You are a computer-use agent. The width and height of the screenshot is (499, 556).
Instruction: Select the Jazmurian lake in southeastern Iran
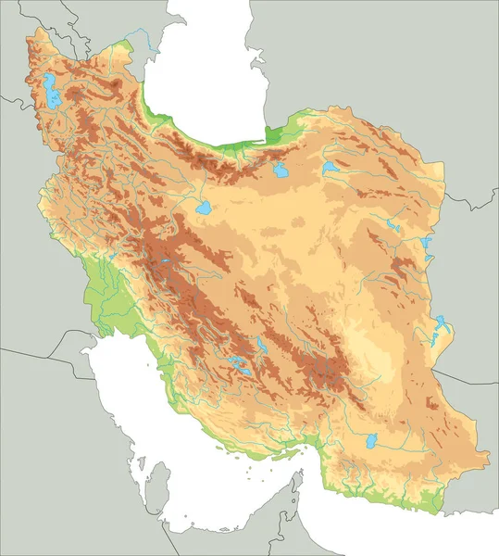(373, 441)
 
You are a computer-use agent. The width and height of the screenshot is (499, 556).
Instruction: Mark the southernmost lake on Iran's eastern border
(442, 326)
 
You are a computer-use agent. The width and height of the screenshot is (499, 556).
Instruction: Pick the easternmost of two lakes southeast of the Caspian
(330, 169)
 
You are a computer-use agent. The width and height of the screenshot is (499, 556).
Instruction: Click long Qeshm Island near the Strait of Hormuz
(278, 455)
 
